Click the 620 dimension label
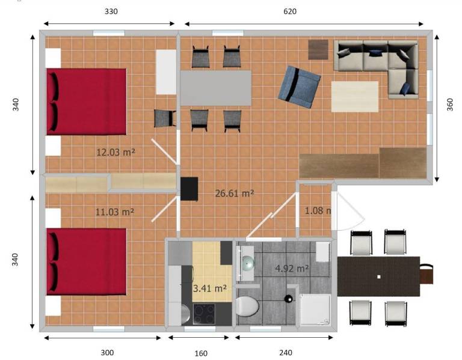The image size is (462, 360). [289, 11]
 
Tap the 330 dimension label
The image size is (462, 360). [111, 11]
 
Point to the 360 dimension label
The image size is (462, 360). [449, 105]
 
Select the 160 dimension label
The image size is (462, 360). [201, 353]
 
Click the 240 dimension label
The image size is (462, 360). [286, 353]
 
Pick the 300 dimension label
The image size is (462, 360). [107, 353]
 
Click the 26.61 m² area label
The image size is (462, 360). [235, 194]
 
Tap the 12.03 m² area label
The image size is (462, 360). [115, 152]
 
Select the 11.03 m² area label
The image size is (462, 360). [115, 212]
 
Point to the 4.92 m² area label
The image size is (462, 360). [292, 268]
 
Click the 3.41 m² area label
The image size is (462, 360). [209, 288]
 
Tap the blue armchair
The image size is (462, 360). [299, 87]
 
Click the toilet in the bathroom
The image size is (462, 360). [247, 306]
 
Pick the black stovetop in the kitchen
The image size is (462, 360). [204, 314]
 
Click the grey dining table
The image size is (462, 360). [216, 88]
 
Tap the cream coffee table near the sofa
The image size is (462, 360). [355, 97]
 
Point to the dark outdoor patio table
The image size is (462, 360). [378, 276]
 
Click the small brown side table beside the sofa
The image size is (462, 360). [318, 50]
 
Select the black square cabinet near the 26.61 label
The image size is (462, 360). [189, 189]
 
